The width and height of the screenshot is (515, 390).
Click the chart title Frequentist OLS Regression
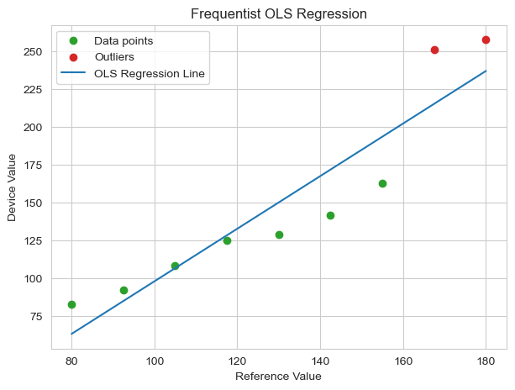coord(278,14)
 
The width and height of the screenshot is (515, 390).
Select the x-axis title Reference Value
coord(278,376)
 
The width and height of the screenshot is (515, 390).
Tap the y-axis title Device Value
coord(13,186)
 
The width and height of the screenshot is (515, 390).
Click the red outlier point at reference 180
coord(486,40)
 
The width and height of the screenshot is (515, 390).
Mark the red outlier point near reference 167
coord(434,50)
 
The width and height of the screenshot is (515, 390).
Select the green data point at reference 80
coord(71,304)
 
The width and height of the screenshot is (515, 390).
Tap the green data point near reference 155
coord(382,183)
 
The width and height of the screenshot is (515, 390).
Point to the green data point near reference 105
coord(175,266)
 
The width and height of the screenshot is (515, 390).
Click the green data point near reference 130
coord(279,235)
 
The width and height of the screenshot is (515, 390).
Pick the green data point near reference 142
coord(330,215)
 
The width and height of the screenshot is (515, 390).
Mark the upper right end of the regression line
coord(486,71)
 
